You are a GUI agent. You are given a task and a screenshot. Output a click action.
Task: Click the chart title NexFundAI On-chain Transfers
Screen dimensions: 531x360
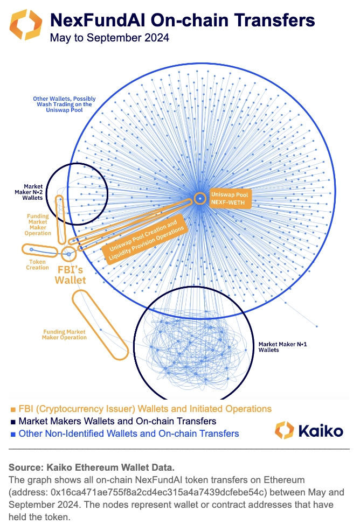[182, 20]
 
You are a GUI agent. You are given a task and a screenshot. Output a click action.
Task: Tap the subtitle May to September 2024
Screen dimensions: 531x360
[109, 38]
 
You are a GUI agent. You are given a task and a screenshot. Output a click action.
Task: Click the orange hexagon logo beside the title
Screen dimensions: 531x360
[24, 24]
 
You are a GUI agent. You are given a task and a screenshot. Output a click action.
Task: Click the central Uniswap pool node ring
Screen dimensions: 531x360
[200, 198]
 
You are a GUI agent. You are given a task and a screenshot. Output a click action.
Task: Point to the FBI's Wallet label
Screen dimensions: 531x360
[70, 273]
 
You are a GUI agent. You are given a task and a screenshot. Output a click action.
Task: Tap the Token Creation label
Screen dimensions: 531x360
[37, 264]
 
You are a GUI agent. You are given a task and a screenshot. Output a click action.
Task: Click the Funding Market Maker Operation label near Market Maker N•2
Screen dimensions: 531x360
[38, 225]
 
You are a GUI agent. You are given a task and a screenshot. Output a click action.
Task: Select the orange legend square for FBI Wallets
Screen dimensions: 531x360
[13, 409]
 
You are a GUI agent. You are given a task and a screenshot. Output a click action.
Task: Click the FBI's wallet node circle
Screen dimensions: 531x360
[68, 253]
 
